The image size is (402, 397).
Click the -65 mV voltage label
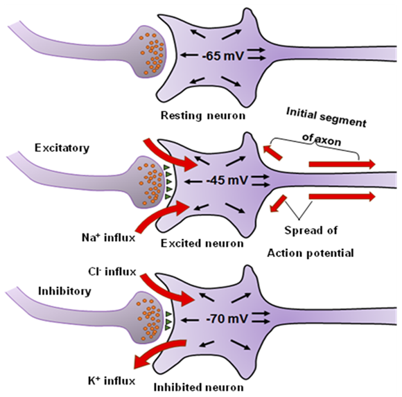(x=222, y=56)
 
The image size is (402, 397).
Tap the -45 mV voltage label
(x=227, y=180)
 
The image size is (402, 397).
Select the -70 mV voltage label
(x=227, y=319)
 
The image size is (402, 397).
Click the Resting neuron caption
(x=203, y=116)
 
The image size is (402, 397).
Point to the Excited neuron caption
(x=202, y=243)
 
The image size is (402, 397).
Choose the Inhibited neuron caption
(x=199, y=387)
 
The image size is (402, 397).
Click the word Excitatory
(x=62, y=148)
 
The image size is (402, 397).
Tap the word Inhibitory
(x=64, y=291)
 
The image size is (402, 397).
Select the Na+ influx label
(x=108, y=238)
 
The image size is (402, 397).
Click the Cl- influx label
(x=112, y=272)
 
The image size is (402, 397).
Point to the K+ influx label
(x=112, y=381)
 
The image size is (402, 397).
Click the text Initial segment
(x=326, y=117)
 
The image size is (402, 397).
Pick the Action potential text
(x=311, y=253)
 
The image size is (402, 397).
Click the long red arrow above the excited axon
(x=342, y=164)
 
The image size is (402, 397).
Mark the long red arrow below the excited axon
(x=342, y=197)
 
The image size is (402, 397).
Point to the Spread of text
(x=311, y=230)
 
